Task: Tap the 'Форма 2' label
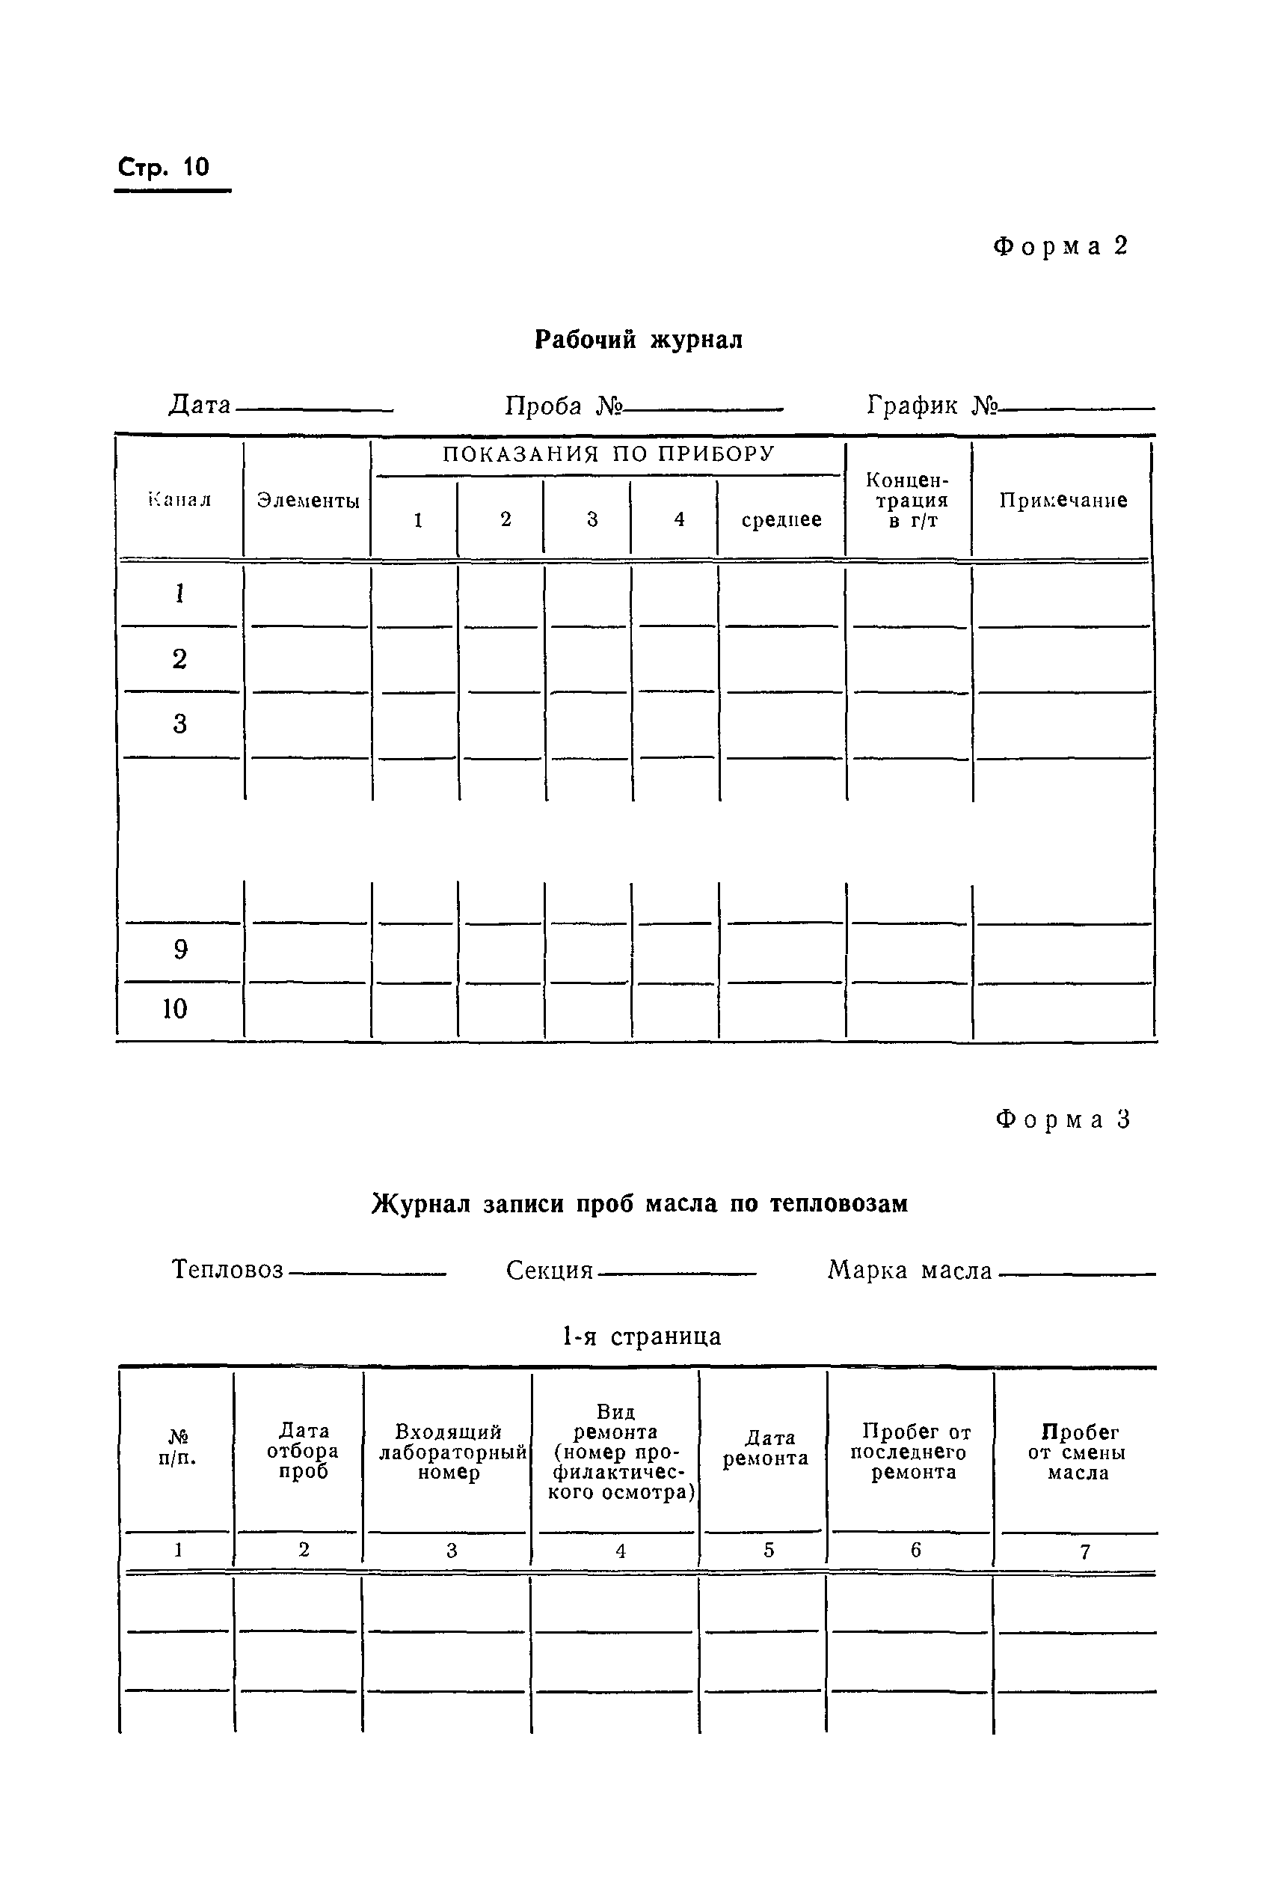(1060, 247)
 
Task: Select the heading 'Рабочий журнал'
(639, 339)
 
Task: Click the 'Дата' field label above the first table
(200, 405)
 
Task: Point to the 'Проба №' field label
(562, 405)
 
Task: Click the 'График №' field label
(931, 405)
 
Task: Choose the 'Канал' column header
(179, 500)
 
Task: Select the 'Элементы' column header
(308, 501)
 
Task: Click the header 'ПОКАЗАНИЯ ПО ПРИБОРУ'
(609, 454)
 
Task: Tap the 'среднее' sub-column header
(781, 519)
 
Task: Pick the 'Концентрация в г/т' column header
(908, 500)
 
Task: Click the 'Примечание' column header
(1063, 500)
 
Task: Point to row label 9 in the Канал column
(180, 950)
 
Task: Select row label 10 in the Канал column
(175, 1009)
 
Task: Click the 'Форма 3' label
(1063, 1120)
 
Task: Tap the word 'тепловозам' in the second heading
(838, 1203)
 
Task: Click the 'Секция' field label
(549, 1270)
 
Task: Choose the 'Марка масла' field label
(909, 1270)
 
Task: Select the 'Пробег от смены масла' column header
(1078, 1452)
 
